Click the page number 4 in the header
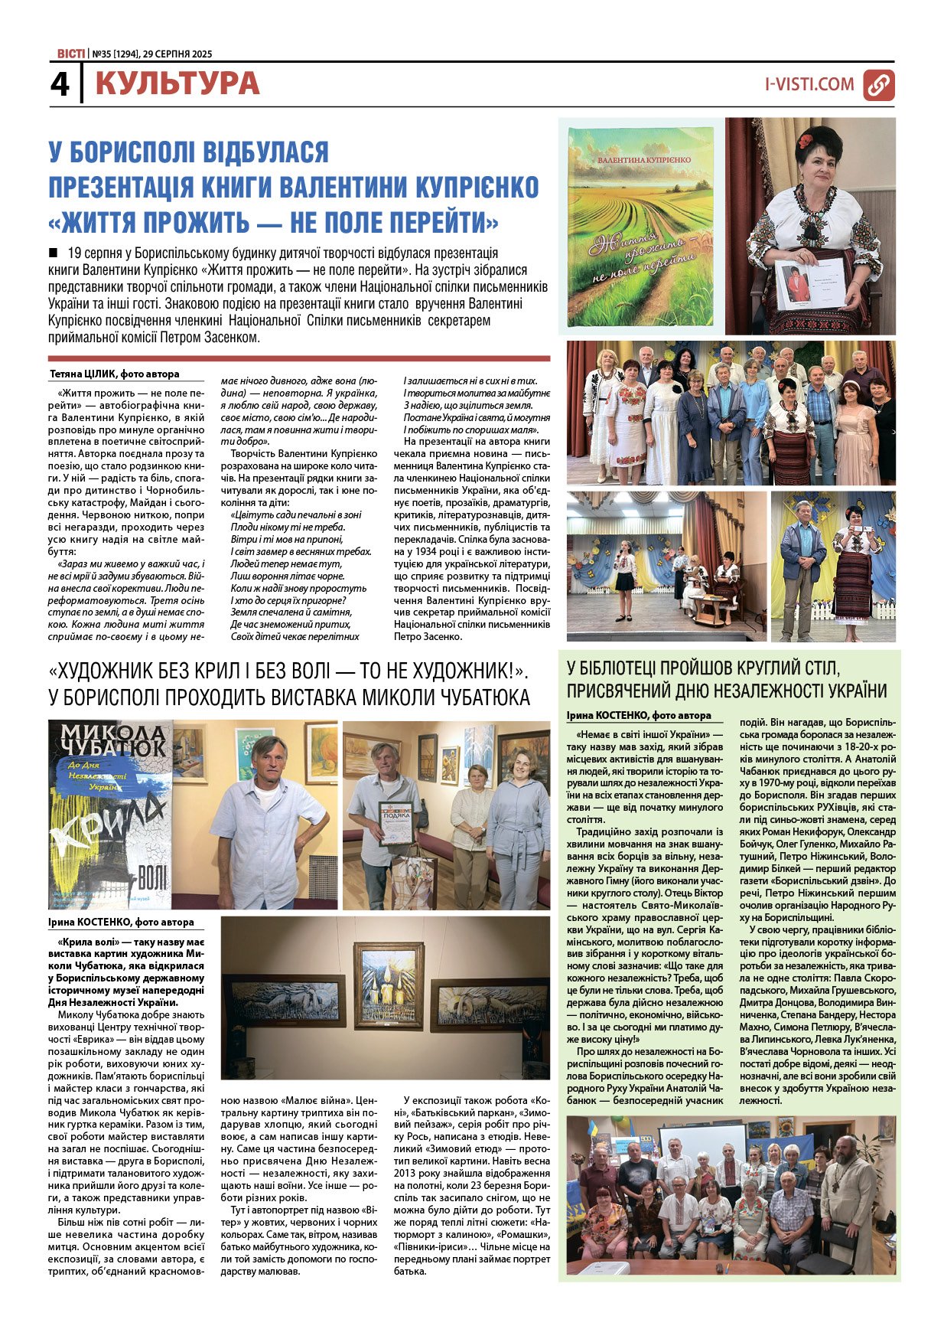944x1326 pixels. pyautogui.click(x=60, y=84)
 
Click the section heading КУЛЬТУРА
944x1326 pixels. pyautogui.click(x=177, y=84)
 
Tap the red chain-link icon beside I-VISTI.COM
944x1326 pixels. pyautogui.click(x=878, y=85)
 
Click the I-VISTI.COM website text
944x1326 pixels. pyautogui.click(x=809, y=84)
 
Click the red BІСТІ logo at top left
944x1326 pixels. pyautogui.click(x=70, y=54)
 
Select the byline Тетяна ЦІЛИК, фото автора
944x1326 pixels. pyautogui.click(x=115, y=374)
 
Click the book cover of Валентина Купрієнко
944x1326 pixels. pyautogui.click(x=641, y=226)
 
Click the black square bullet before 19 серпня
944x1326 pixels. pyautogui.click(x=53, y=252)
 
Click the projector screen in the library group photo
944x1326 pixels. pyautogui.click(x=701, y=1142)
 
